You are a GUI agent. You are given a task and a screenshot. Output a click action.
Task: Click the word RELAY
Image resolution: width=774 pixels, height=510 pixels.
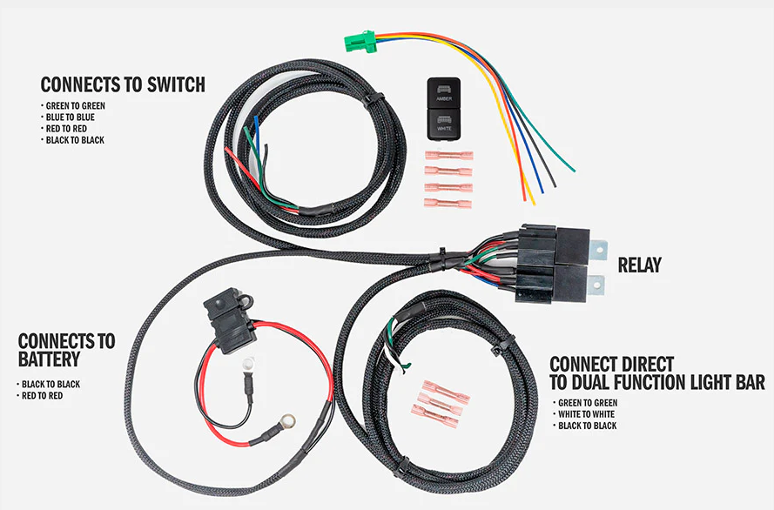(640, 265)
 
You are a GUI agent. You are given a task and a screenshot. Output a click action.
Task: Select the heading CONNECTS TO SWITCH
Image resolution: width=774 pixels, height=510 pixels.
(123, 84)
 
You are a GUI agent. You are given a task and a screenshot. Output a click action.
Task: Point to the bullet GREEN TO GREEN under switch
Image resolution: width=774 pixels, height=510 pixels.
(76, 106)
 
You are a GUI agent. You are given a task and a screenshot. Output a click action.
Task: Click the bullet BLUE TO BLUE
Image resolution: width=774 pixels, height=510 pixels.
(71, 117)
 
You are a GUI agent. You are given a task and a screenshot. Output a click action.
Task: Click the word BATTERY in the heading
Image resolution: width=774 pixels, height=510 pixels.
(49, 359)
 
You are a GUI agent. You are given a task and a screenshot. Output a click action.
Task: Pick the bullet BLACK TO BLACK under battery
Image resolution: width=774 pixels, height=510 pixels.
(50, 384)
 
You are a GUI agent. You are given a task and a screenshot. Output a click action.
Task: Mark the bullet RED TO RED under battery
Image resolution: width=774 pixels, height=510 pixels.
(44, 396)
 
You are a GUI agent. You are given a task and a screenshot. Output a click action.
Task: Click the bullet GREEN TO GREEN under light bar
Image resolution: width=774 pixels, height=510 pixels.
(589, 403)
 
